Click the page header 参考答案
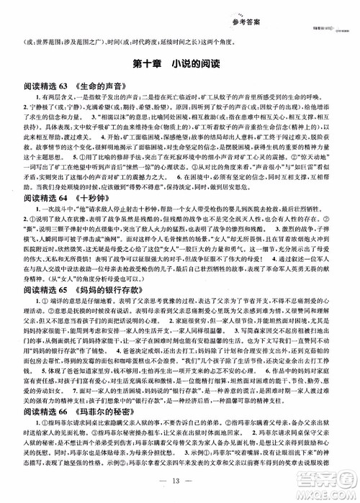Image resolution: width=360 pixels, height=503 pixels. (180, 9)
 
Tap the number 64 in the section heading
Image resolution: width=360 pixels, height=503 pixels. (62, 194)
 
